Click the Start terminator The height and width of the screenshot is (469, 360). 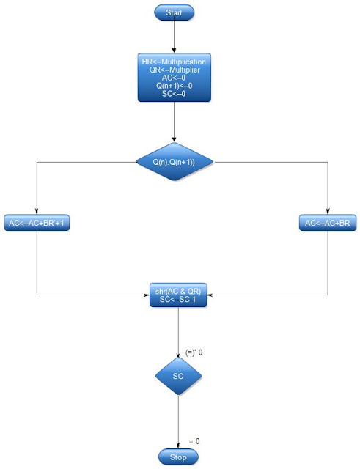click(174, 12)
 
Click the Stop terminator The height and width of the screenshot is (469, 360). click(177, 457)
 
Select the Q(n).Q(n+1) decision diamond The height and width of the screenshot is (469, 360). click(174, 161)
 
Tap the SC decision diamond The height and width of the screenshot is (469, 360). click(178, 376)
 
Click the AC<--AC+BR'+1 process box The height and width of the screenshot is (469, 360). click(37, 223)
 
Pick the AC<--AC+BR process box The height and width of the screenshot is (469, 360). click(328, 223)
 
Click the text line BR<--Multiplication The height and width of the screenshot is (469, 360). click(174, 62)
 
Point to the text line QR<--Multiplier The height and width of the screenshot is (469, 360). click(174, 70)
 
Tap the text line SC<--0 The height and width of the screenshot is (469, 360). click(174, 94)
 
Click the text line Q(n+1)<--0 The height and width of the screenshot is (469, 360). click(174, 86)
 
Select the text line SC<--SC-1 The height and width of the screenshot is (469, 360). click(178, 300)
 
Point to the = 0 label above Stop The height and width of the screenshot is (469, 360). click(194, 441)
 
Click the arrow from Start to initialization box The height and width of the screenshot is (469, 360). click(174, 37)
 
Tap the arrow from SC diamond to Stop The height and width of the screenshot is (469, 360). click(178, 421)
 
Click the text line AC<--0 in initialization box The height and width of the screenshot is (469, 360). click(174, 78)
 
